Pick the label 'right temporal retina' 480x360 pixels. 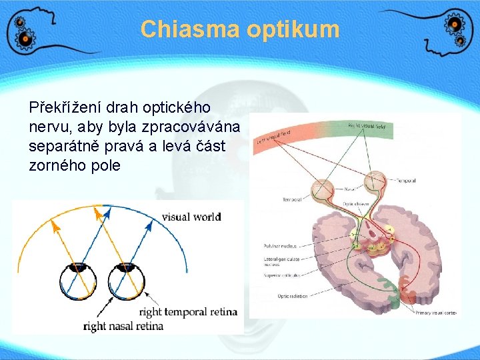pos(189,312)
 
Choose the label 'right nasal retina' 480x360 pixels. pos(123,326)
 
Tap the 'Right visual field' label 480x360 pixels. pos(366,125)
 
